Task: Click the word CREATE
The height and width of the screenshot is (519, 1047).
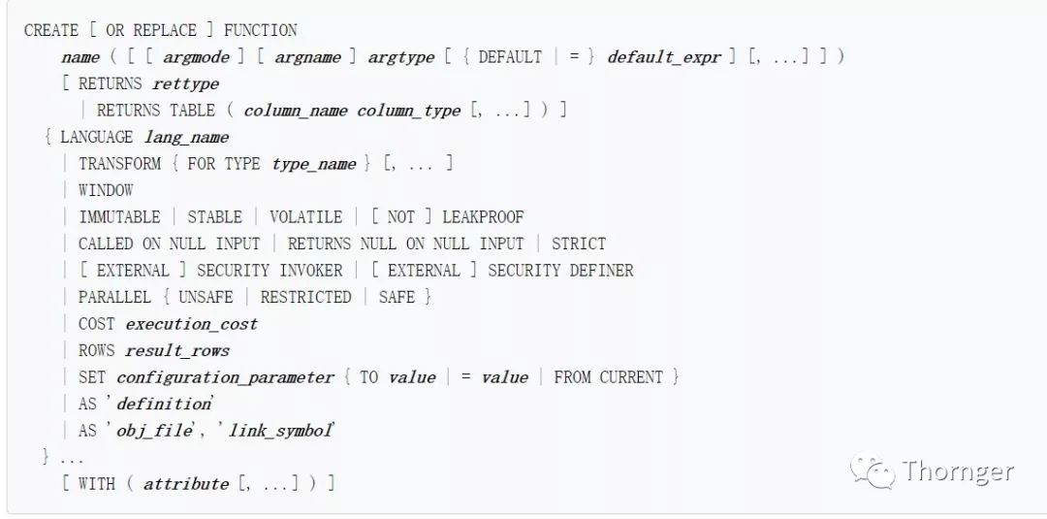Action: click(x=50, y=30)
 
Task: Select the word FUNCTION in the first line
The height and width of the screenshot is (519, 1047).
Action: click(x=261, y=30)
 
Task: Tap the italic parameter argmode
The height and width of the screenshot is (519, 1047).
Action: click(x=197, y=57)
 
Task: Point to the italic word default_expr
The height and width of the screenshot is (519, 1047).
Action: click(x=664, y=57)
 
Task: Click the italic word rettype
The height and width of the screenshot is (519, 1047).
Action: click(x=186, y=83)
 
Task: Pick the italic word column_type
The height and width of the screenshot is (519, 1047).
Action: click(x=408, y=111)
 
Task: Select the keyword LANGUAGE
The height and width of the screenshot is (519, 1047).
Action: click(x=96, y=137)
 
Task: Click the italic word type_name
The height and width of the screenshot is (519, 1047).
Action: click(x=314, y=164)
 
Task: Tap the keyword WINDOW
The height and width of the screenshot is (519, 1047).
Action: click(x=106, y=190)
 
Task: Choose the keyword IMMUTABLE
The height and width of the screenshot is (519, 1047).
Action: click(x=119, y=217)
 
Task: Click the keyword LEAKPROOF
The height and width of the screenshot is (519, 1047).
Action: click(x=483, y=217)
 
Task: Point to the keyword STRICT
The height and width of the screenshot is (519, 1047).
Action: click(x=579, y=243)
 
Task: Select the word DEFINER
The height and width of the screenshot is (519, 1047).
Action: click(x=601, y=271)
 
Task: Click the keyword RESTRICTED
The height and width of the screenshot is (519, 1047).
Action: click(x=305, y=297)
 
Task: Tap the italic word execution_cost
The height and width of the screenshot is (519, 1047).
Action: click(x=191, y=324)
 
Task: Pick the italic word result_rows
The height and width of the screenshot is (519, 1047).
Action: click(x=177, y=350)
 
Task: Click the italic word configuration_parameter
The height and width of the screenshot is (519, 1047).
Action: click(x=225, y=377)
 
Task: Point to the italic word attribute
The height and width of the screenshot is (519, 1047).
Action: click(x=186, y=484)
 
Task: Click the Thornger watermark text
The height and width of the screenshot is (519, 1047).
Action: click(x=958, y=472)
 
